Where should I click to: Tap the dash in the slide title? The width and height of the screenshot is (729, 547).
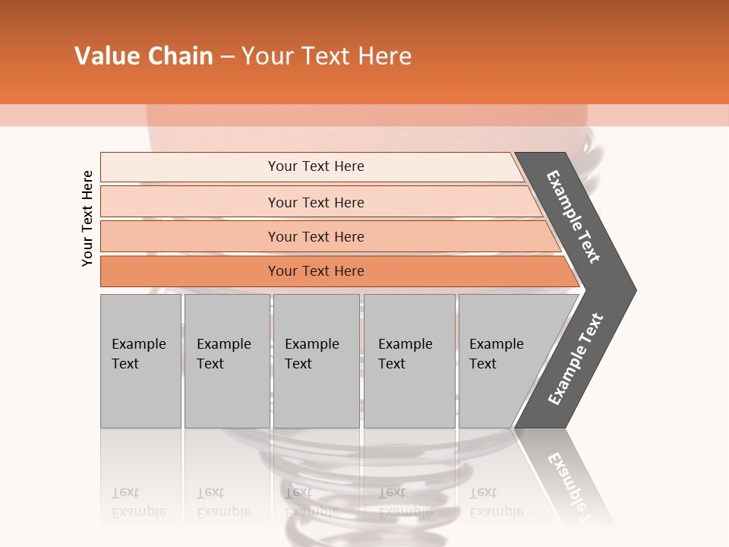tap(227, 57)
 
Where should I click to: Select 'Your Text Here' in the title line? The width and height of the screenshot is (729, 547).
tap(327, 56)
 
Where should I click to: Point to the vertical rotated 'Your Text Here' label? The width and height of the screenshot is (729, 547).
tap(87, 219)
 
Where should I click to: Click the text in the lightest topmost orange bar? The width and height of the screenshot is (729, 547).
tap(316, 166)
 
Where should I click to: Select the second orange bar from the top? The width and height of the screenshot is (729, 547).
tap(316, 202)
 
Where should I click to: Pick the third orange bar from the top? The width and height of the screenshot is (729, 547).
tap(316, 237)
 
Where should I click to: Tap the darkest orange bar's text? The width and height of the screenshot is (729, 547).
tap(316, 271)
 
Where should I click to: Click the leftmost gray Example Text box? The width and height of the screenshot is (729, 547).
tap(140, 361)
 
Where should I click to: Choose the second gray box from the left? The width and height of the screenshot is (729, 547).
tap(226, 361)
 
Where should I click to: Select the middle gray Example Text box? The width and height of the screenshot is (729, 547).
tap(315, 361)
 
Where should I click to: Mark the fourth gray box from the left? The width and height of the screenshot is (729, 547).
tap(409, 361)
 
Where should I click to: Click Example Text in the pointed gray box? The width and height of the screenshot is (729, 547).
tap(497, 354)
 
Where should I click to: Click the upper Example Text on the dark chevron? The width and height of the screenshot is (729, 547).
tap(573, 217)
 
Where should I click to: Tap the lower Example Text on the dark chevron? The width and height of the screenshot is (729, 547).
tap(576, 359)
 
